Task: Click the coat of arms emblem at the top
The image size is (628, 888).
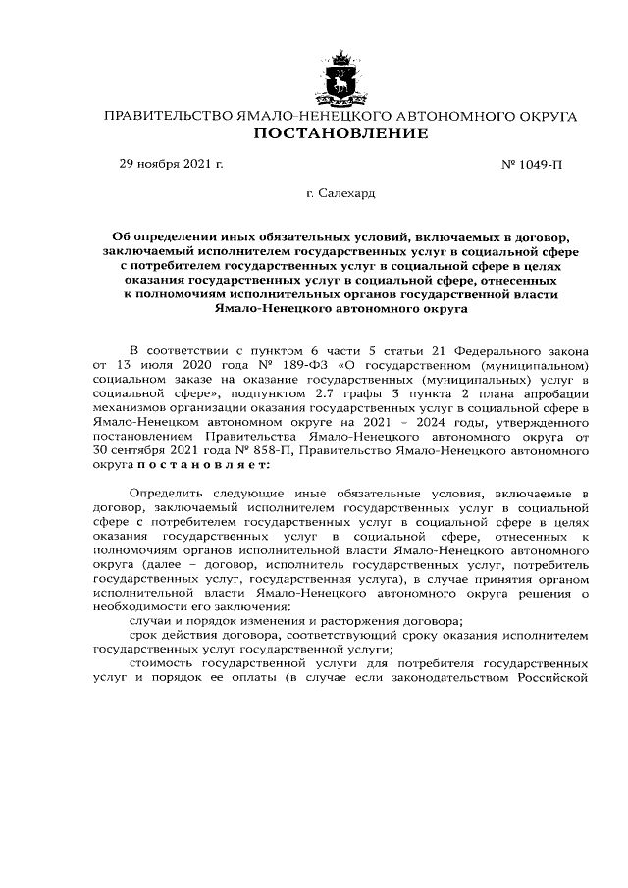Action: [x=340, y=81]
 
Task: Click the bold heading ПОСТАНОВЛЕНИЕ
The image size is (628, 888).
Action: [x=340, y=133]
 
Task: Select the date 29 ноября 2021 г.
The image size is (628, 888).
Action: [x=171, y=164]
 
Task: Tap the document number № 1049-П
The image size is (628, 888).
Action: [x=532, y=164]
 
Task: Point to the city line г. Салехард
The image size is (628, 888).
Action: [x=340, y=194]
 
